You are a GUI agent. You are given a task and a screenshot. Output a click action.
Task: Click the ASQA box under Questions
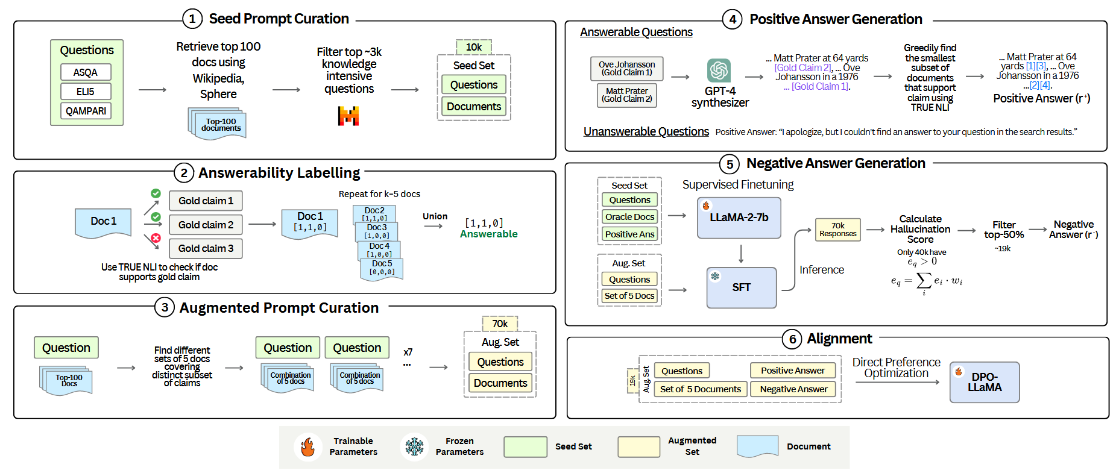pyautogui.click(x=86, y=72)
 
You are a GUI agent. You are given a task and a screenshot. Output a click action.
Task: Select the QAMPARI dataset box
pyautogui.click(x=86, y=111)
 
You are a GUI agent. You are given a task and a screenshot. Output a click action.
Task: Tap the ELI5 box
pyautogui.click(x=86, y=92)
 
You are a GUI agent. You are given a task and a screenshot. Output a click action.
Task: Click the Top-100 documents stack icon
pyautogui.click(x=218, y=124)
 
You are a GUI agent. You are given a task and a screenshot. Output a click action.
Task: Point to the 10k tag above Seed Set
pyautogui.click(x=473, y=47)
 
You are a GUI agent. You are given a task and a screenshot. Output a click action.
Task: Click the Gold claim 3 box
pyautogui.click(x=206, y=248)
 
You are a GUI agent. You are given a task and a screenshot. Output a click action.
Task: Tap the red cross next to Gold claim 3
pyautogui.click(x=156, y=238)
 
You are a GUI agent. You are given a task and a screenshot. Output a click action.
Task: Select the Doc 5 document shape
pyautogui.click(x=382, y=269)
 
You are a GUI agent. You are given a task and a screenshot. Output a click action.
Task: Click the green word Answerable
pyautogui.click(x=488, y=234)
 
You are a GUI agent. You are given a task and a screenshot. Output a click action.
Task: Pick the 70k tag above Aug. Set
pyautogui.click(x=500, y=324)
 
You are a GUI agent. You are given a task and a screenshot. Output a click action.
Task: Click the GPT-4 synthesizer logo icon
pyautogui.click(x=719, y=70)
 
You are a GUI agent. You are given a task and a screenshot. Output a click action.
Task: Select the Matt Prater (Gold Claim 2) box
pyautogui.click(x=626, y=95)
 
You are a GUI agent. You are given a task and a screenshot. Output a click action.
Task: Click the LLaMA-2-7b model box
pyautogui.click(x=739, y=218)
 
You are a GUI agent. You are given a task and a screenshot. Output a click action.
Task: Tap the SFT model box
pyautogui.click(x=741, y=287)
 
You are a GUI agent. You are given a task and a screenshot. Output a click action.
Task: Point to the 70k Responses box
pyautogui.click(x=837, y=230)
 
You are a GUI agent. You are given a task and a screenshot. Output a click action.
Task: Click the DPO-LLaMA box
pyautogui.click(x=984, y=382)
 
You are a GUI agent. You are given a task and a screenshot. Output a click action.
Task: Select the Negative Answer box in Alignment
pyautogui.click(x=793, y=389)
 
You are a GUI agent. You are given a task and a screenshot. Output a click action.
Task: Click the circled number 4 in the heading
pyautogui.click(x=732, y=19)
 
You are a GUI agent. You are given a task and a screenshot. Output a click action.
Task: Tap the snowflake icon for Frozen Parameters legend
pyautogui.click(x=414, y=447)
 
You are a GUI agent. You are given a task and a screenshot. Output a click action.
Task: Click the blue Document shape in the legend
pyautogui.click(x=757, y=446)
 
